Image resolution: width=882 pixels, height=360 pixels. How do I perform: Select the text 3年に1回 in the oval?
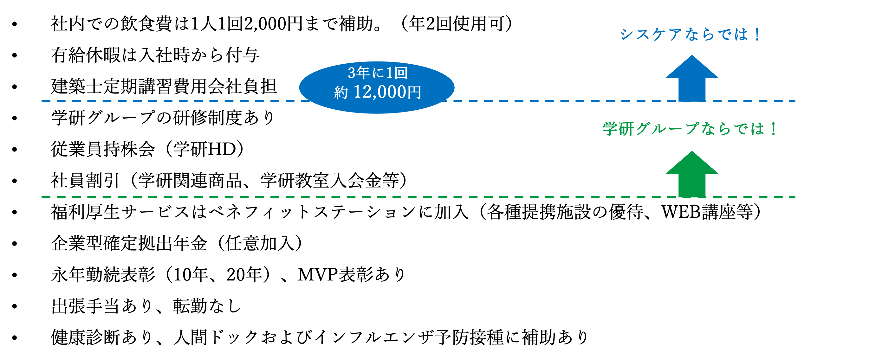[377, 73]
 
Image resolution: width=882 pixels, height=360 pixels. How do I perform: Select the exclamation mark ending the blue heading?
[756, 35]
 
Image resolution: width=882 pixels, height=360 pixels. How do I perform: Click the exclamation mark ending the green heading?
[774, 129]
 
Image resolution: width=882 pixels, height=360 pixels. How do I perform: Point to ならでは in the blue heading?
[716, 35]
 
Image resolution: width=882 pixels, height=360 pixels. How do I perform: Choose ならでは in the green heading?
[733, 129]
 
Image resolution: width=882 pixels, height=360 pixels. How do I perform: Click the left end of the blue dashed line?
[43, 101]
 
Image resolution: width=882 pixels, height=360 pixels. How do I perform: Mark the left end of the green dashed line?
[43, 197]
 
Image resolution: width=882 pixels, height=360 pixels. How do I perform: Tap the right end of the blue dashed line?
[794, 101]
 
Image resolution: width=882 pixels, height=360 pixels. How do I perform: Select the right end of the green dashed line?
[794, 197]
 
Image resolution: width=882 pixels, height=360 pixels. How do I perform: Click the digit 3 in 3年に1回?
[351, 73]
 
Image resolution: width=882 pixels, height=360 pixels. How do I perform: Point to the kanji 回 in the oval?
[401, 73]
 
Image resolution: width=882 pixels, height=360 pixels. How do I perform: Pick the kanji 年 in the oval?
[363, 73]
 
